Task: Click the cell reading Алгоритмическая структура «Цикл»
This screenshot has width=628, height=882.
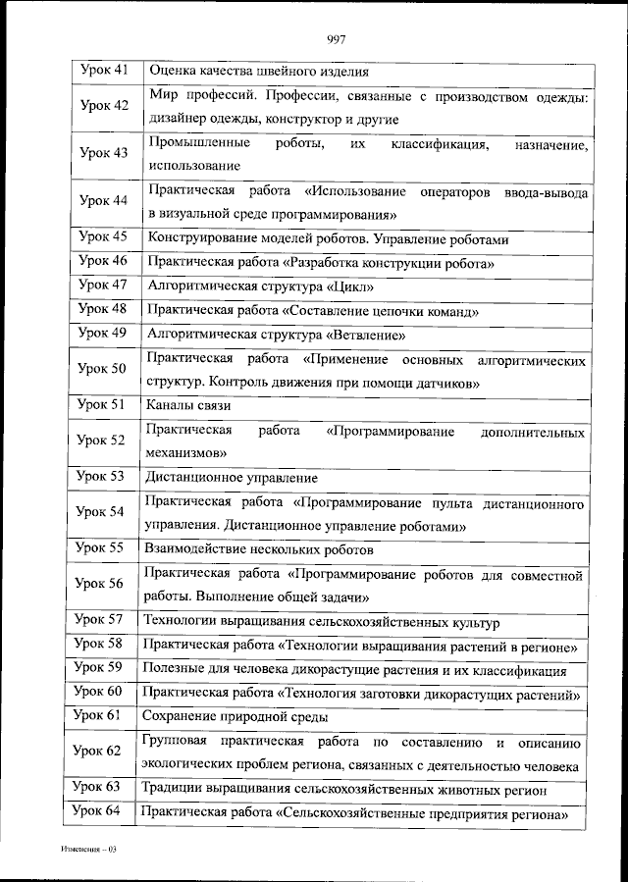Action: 260,286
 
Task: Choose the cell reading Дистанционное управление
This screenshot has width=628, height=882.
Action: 232,478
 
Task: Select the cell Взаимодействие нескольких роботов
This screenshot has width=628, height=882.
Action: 258,549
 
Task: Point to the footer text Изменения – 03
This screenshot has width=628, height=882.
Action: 87,849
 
